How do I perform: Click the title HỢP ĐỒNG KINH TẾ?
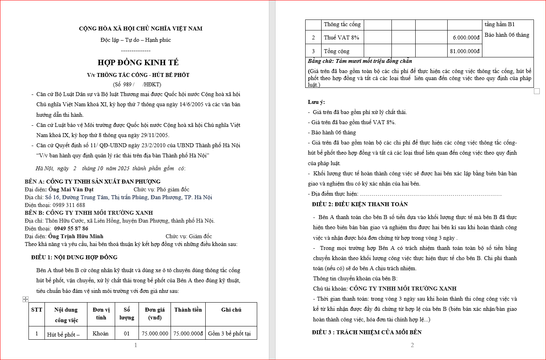tap(138, 62)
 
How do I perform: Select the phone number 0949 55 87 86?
tap(71, 228)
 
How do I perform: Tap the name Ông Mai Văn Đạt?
tap(71, 189)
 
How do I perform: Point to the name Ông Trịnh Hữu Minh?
tap(76, 236)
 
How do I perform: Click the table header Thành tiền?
tap(188, 310)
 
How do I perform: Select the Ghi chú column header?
tap(231, 310)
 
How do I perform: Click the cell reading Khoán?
tap(101, 333)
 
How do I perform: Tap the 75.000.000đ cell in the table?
tap(188, 333)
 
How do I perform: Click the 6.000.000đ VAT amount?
tap(466, 38)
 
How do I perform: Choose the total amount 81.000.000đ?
tap(464, 51)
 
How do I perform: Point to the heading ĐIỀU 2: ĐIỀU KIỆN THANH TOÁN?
tap(360, 204)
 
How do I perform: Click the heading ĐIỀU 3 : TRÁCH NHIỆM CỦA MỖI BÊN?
tap(367, 332)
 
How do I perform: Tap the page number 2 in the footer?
tap(412, 345)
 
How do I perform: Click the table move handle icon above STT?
tap(25, 299)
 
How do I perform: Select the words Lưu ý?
tap(316, 102)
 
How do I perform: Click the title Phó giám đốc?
tap(173, 189)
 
